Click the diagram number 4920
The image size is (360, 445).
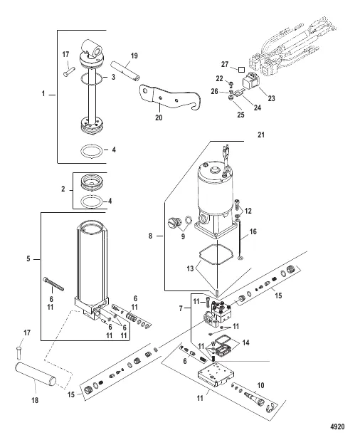pos(337,426)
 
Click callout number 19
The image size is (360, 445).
pos(134,56)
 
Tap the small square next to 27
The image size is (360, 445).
pos(241,69)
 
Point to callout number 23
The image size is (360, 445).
pos(272,98)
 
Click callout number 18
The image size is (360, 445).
pos(35,400)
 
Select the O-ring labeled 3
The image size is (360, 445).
pos(91,78)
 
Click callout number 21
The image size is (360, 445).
pos(260,135)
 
